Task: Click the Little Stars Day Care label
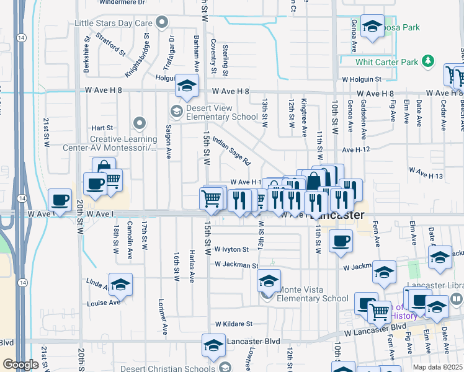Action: pos(114,23)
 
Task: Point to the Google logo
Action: pos(20,364)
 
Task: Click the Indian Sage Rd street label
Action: pos(231,151)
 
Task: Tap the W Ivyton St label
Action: pos(231,249)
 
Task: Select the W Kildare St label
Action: pos(234,324)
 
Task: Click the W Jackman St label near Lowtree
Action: pos(236,265)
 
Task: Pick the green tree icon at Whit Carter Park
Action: pos(427,61)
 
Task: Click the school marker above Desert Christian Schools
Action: pos(213,345)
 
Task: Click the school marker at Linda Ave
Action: pos(121,284)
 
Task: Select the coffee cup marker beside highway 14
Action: pos(60,199)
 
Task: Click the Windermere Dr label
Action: pos(124,2)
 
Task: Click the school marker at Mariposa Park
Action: pos(372,26)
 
